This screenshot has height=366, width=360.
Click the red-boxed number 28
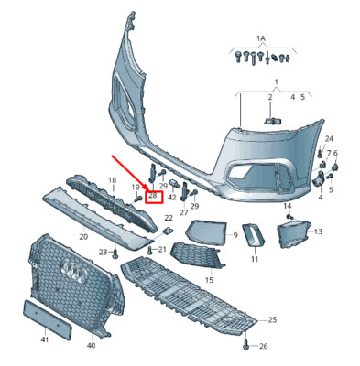coord(153,196)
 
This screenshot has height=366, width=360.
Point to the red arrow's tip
coord(147,190)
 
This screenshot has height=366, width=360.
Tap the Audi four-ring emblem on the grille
coord(73,272)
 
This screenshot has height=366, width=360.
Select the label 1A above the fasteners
coord(261,38)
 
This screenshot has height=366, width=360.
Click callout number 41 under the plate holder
coord(45,339)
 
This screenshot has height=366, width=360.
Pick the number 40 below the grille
coord(91,345)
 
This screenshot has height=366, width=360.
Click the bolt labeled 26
coord(245,345)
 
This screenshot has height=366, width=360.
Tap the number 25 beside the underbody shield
coord(272,320)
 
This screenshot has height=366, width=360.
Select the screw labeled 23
coord(115,253)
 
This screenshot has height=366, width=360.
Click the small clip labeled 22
coord(168,230)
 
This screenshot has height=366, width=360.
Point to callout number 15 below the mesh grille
coord(210,280)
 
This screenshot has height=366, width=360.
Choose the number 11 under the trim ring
coord(255,259)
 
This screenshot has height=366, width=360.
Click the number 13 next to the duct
coord(318,232)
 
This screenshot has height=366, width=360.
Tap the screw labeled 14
coord(289,217)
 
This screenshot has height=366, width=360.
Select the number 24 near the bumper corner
coord(329,139)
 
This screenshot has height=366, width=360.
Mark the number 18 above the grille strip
coord(113,180)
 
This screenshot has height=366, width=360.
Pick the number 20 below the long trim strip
coord(83,236)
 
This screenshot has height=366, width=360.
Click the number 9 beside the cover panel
coord(235,235)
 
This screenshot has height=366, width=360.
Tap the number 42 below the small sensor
coord(172,198)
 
